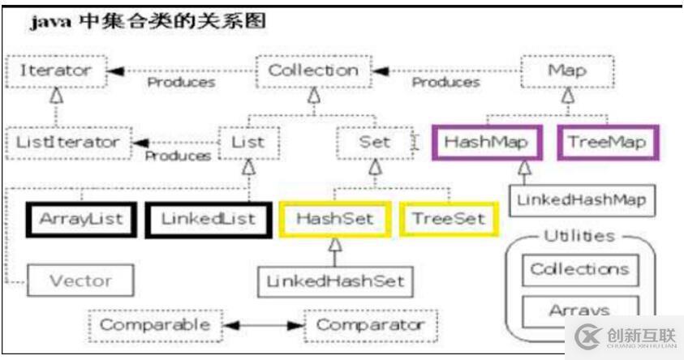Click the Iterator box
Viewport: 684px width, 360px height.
coord(54,71)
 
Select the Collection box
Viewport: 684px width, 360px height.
coord(313,71)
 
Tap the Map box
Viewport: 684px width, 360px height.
coord(566,71)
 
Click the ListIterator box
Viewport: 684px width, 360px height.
coord(67,142)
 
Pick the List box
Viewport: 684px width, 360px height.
coord(248,143)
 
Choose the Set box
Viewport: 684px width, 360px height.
coord(374,143)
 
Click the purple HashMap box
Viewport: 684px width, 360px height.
coord(486,143)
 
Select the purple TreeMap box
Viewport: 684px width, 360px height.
coord(607,143)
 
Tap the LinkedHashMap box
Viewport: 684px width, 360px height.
coord(581,199)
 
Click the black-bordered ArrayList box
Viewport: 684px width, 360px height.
coord(80,219)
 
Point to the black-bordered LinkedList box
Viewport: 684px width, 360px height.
coord(207,219)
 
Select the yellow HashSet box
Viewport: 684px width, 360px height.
coord(333,219)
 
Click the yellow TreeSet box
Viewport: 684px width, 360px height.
coord(448,219)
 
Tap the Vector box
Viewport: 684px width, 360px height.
coord(80,281)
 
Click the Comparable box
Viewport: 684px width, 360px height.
coord(154,325)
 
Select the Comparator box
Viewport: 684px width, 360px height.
coord(370,325)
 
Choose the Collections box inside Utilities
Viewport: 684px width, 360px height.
coord(579,269)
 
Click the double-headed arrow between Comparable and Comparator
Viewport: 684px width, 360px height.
coord(263,326)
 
